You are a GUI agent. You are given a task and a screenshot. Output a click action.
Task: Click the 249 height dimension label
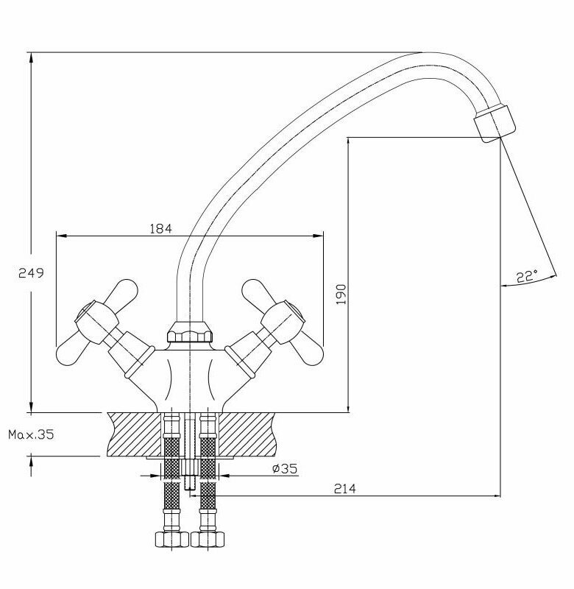point(31,273)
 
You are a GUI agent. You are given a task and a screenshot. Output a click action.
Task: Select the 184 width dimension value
point(160,229)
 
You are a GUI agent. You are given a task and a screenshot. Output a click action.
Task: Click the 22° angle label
point(526,277)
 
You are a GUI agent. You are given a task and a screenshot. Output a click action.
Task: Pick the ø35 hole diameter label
point(284,469)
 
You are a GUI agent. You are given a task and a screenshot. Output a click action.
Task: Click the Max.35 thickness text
point(31,435)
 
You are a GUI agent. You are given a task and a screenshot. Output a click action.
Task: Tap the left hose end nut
point(170,538)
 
